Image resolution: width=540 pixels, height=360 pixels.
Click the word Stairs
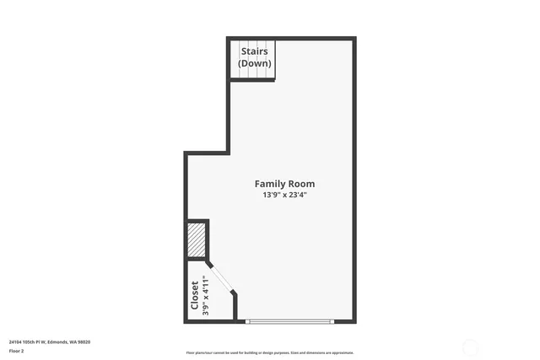pos(255,51)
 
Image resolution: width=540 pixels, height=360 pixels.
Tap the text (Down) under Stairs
pos(255,63)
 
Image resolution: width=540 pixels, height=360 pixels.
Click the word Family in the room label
pos(270,184)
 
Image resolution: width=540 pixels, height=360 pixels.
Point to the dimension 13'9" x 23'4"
pos(284,195)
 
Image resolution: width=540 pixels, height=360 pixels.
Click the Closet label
pos(195,294)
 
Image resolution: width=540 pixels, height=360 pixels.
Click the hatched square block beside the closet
pos(197,239)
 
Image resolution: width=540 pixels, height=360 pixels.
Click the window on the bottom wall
pos(289,320)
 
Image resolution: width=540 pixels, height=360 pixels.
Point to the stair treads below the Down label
pos(256,74)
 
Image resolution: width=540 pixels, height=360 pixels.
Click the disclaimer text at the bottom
pos(270,353)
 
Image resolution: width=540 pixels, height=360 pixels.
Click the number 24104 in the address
pos(16,341)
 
